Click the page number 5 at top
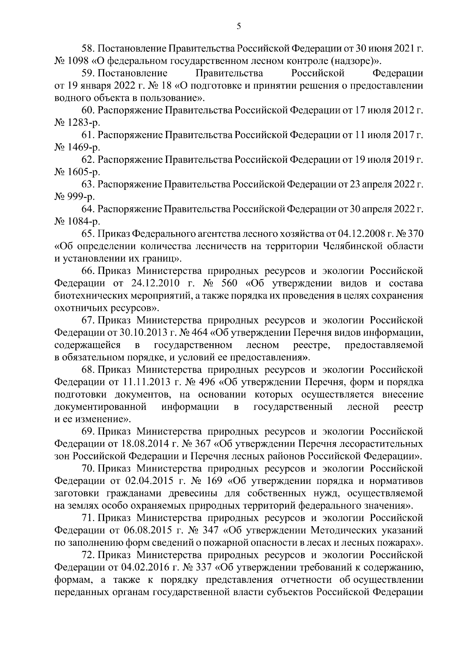[x=238, y=26]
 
